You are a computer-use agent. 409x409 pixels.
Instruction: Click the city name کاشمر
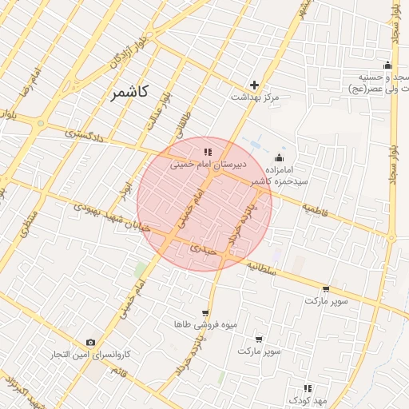[129, 93]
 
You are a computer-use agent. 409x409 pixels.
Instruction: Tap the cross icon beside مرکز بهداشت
[255, 85]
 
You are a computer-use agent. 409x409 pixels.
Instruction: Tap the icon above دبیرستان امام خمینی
[207, 151]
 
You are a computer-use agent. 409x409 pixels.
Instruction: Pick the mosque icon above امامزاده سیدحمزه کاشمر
[279, 157]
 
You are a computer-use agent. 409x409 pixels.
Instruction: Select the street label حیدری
[202, 248]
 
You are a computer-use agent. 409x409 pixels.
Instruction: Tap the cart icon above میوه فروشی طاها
[205, 313]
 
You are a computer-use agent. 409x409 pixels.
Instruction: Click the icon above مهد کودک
[308, 387]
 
